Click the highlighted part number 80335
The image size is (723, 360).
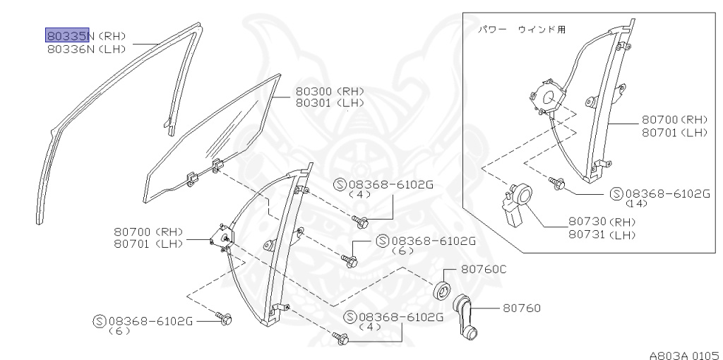click(67, 35)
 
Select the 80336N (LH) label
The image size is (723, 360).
click(88, 49)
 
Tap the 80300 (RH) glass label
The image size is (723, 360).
click(330, 91)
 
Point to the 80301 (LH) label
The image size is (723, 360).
click(330, 103)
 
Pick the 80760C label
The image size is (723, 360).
click(484, 270)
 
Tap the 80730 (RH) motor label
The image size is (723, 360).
click(602, 221)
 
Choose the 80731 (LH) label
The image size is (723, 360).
click(602, 234)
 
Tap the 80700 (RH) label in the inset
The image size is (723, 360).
click(674, 120)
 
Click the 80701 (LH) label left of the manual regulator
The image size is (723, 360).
click(148, 244)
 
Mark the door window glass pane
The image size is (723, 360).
click(212, 138)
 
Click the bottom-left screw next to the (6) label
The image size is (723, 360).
click(225, 320)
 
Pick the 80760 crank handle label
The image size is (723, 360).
click(522, 308)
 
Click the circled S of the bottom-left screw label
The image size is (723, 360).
click(99, 321)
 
